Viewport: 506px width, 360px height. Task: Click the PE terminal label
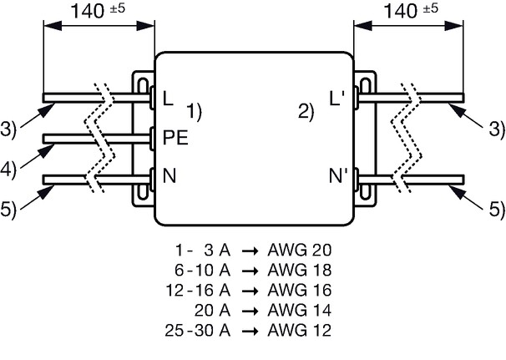pos(175,138)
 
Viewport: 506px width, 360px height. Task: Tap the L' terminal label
pos(337,99)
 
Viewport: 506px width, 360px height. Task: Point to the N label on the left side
pos(170,176)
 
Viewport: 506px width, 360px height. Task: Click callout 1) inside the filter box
pos(195,112)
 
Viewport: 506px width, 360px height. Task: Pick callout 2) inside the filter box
pos(306,112)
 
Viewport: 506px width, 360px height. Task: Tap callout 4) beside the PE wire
pos(8,170)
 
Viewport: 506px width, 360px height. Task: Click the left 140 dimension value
pos(87,11)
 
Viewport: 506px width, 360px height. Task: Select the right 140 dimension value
pos(401,11)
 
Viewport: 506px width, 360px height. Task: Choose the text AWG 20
pos(300,251)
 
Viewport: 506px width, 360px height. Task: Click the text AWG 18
pos(300,271)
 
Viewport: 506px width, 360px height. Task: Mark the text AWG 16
pos(300,291)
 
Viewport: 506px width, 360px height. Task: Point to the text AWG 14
pos(300,310)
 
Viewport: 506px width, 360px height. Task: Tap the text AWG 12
pos(300,330)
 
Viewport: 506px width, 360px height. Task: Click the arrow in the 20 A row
pos(250,311)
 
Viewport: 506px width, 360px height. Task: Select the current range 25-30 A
pos(198,330)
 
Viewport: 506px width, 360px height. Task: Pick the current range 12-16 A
pos(198,291)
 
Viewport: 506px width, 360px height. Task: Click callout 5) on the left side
pos(8,209)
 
